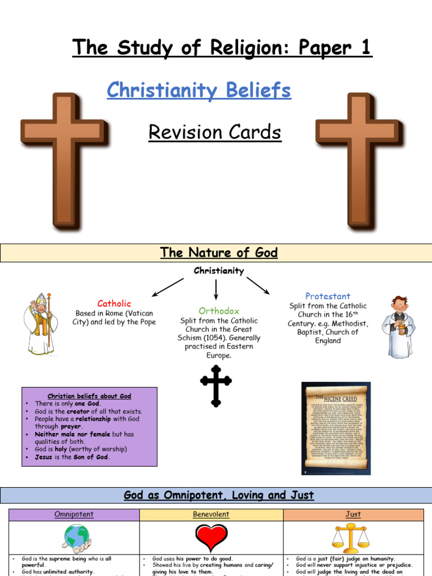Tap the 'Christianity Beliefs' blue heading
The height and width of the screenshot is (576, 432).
[199, 90]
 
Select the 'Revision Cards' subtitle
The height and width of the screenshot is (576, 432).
[215, 133]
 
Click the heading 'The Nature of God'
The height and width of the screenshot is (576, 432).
[219, 253]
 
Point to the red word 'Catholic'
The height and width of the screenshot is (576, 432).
[114, 304]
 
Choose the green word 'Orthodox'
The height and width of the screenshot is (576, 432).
[219, 310]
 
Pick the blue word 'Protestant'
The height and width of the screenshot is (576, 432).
[327, 296]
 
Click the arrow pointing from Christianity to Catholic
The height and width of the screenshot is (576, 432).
[168, 287]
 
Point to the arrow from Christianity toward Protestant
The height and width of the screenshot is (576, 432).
[258, 285]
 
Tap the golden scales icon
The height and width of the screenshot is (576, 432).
[353, 538]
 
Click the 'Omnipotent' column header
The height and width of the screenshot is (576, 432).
[74, 515]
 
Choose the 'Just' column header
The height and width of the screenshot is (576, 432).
[353, 515]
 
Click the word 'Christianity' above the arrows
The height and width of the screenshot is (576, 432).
[219, 271]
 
